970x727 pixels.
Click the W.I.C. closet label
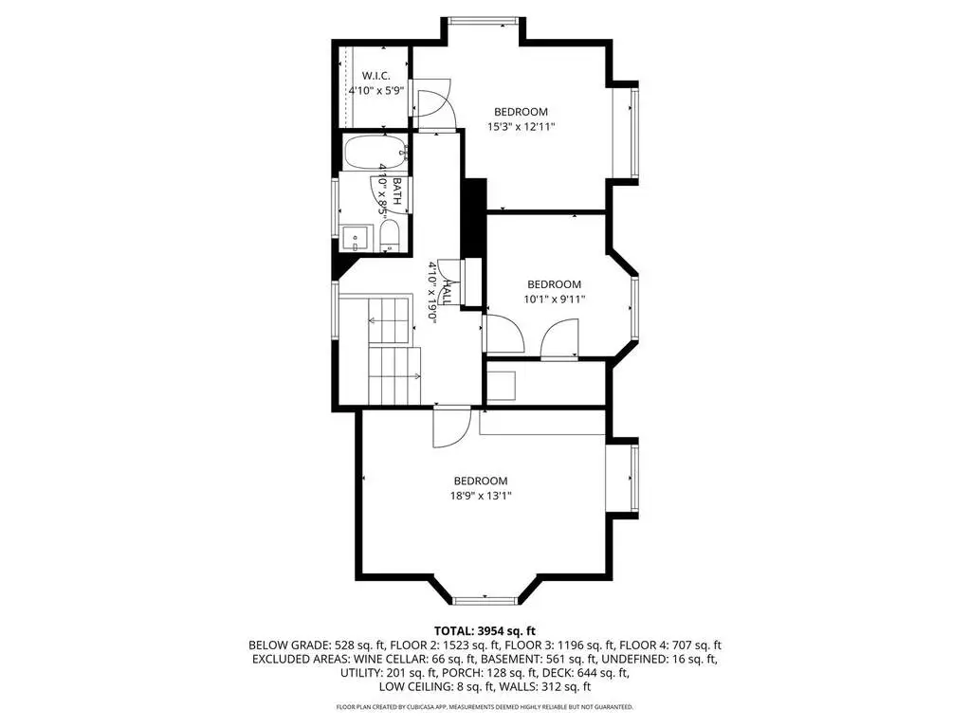pos(376,76)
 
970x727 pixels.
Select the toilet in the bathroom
pos(390,236)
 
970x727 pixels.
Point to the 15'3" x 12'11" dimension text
pos(521,127)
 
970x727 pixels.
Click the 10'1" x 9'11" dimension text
pos(555,300)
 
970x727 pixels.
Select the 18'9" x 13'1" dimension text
pos(481,496)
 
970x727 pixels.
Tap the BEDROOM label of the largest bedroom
pos(481,481)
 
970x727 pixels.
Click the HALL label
pos(447,292)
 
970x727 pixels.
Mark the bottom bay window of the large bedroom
pos(485,600)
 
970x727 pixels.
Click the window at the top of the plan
pos(484,21)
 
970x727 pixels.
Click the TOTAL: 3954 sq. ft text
pos(485,631)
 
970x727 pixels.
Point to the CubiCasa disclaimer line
pos(485,706)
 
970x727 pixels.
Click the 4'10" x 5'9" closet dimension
pos(376,90)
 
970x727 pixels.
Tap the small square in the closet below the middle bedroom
pos(502,387)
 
